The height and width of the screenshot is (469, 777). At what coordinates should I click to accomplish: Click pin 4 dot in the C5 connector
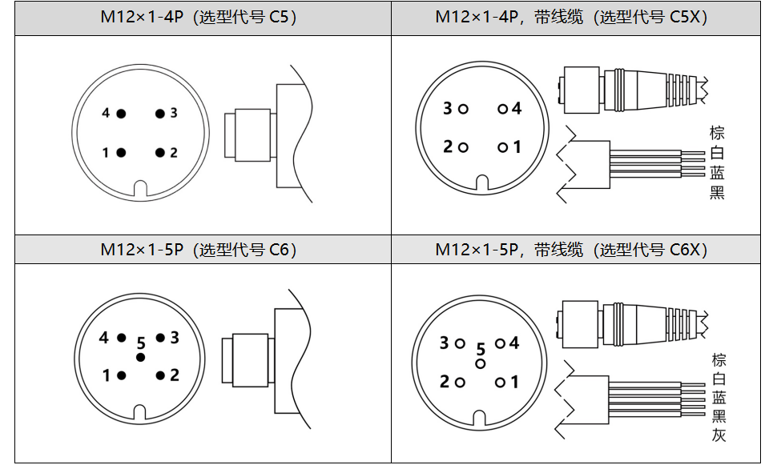121,114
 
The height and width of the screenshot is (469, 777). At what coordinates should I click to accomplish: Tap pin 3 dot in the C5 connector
160,114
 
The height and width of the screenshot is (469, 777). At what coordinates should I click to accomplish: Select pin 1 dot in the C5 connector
121,152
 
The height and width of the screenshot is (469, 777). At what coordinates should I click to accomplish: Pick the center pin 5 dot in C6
140,357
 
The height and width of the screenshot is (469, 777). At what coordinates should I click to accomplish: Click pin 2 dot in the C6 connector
160,375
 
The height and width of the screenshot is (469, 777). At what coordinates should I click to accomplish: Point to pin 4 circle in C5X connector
502,109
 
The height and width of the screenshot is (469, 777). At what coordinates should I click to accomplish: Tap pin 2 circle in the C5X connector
463,147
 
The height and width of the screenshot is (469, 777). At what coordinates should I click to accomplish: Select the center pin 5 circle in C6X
481,363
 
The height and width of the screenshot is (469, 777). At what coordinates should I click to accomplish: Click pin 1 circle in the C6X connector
500,383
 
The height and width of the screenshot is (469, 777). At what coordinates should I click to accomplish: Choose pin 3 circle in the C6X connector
460,343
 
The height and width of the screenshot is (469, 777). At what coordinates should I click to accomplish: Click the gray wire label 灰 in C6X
719,435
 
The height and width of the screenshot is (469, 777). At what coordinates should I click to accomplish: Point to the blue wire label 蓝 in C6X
719,398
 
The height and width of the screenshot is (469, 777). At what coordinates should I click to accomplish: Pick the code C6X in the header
687,250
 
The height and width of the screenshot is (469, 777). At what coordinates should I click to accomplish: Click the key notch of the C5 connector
140,190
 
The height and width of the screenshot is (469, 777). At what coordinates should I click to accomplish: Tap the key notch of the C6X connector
481,419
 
